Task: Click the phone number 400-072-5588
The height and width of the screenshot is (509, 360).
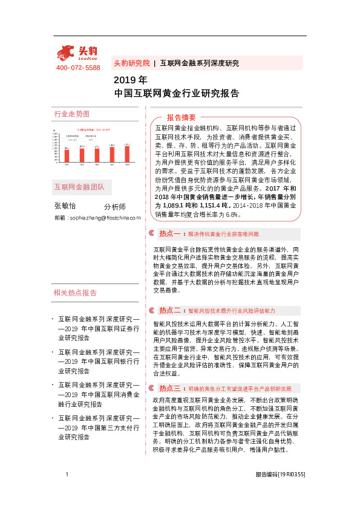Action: pyautogui.click(x=78, y=68)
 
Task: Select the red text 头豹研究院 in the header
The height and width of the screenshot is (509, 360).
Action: pyautogui.click(x=131, y=63)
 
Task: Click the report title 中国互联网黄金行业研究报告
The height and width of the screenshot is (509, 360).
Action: pyautogui.click(x=176, y=94)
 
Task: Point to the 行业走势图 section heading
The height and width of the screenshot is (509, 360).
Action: pyautogui.click(x=71, y=114)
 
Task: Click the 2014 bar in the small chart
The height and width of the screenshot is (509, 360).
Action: pyautogui.click(x=67, y=155)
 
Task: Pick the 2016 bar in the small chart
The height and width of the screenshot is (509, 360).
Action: pyautogui.click(x=97, y=155)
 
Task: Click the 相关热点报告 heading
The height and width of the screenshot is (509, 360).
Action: pyautogui.click(x=75, y=293)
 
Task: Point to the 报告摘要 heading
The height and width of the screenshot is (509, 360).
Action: pyautogui.click(x=182, y=117)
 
